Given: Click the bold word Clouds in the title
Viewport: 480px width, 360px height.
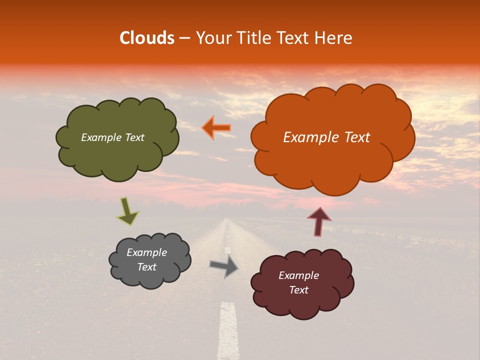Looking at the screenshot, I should (147, 38).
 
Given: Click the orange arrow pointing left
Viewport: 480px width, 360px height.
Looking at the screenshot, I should (216, 127).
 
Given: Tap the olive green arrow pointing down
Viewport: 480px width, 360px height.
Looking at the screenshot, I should (128, 211).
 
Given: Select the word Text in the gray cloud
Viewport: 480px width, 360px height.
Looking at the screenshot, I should (146, 267).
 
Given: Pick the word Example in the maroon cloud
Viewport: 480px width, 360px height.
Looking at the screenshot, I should (298, 275).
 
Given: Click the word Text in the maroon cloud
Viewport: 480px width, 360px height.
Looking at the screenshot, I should (298, 290).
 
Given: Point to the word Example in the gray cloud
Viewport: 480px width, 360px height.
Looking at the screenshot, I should (146, 252).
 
